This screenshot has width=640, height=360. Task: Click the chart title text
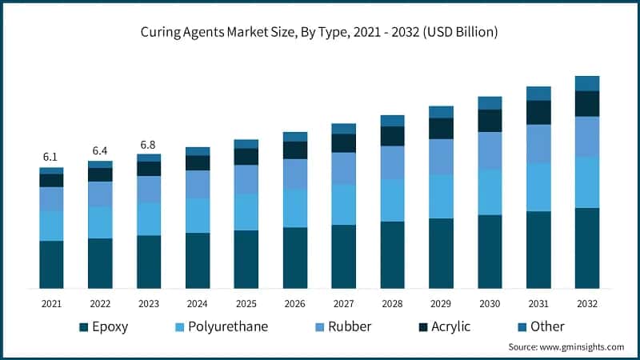point(320,33)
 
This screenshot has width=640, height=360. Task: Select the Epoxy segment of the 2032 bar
point(587,248)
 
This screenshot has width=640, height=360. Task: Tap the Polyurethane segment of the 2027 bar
point(344,205)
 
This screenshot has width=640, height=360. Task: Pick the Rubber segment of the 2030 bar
point(490,150)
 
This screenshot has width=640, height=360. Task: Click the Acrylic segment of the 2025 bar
point(246,157)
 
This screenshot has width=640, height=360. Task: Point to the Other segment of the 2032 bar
point(587,83)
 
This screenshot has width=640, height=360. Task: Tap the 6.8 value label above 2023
point(149,145)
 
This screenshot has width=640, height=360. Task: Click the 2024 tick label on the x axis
point(198,304)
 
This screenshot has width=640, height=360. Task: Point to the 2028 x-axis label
point(392,304)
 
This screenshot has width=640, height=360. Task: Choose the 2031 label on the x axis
point(538,304)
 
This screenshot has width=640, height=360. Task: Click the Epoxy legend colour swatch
point(83,326)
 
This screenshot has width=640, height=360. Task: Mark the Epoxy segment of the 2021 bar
point(51,264)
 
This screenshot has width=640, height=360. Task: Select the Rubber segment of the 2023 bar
point(149,190)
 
